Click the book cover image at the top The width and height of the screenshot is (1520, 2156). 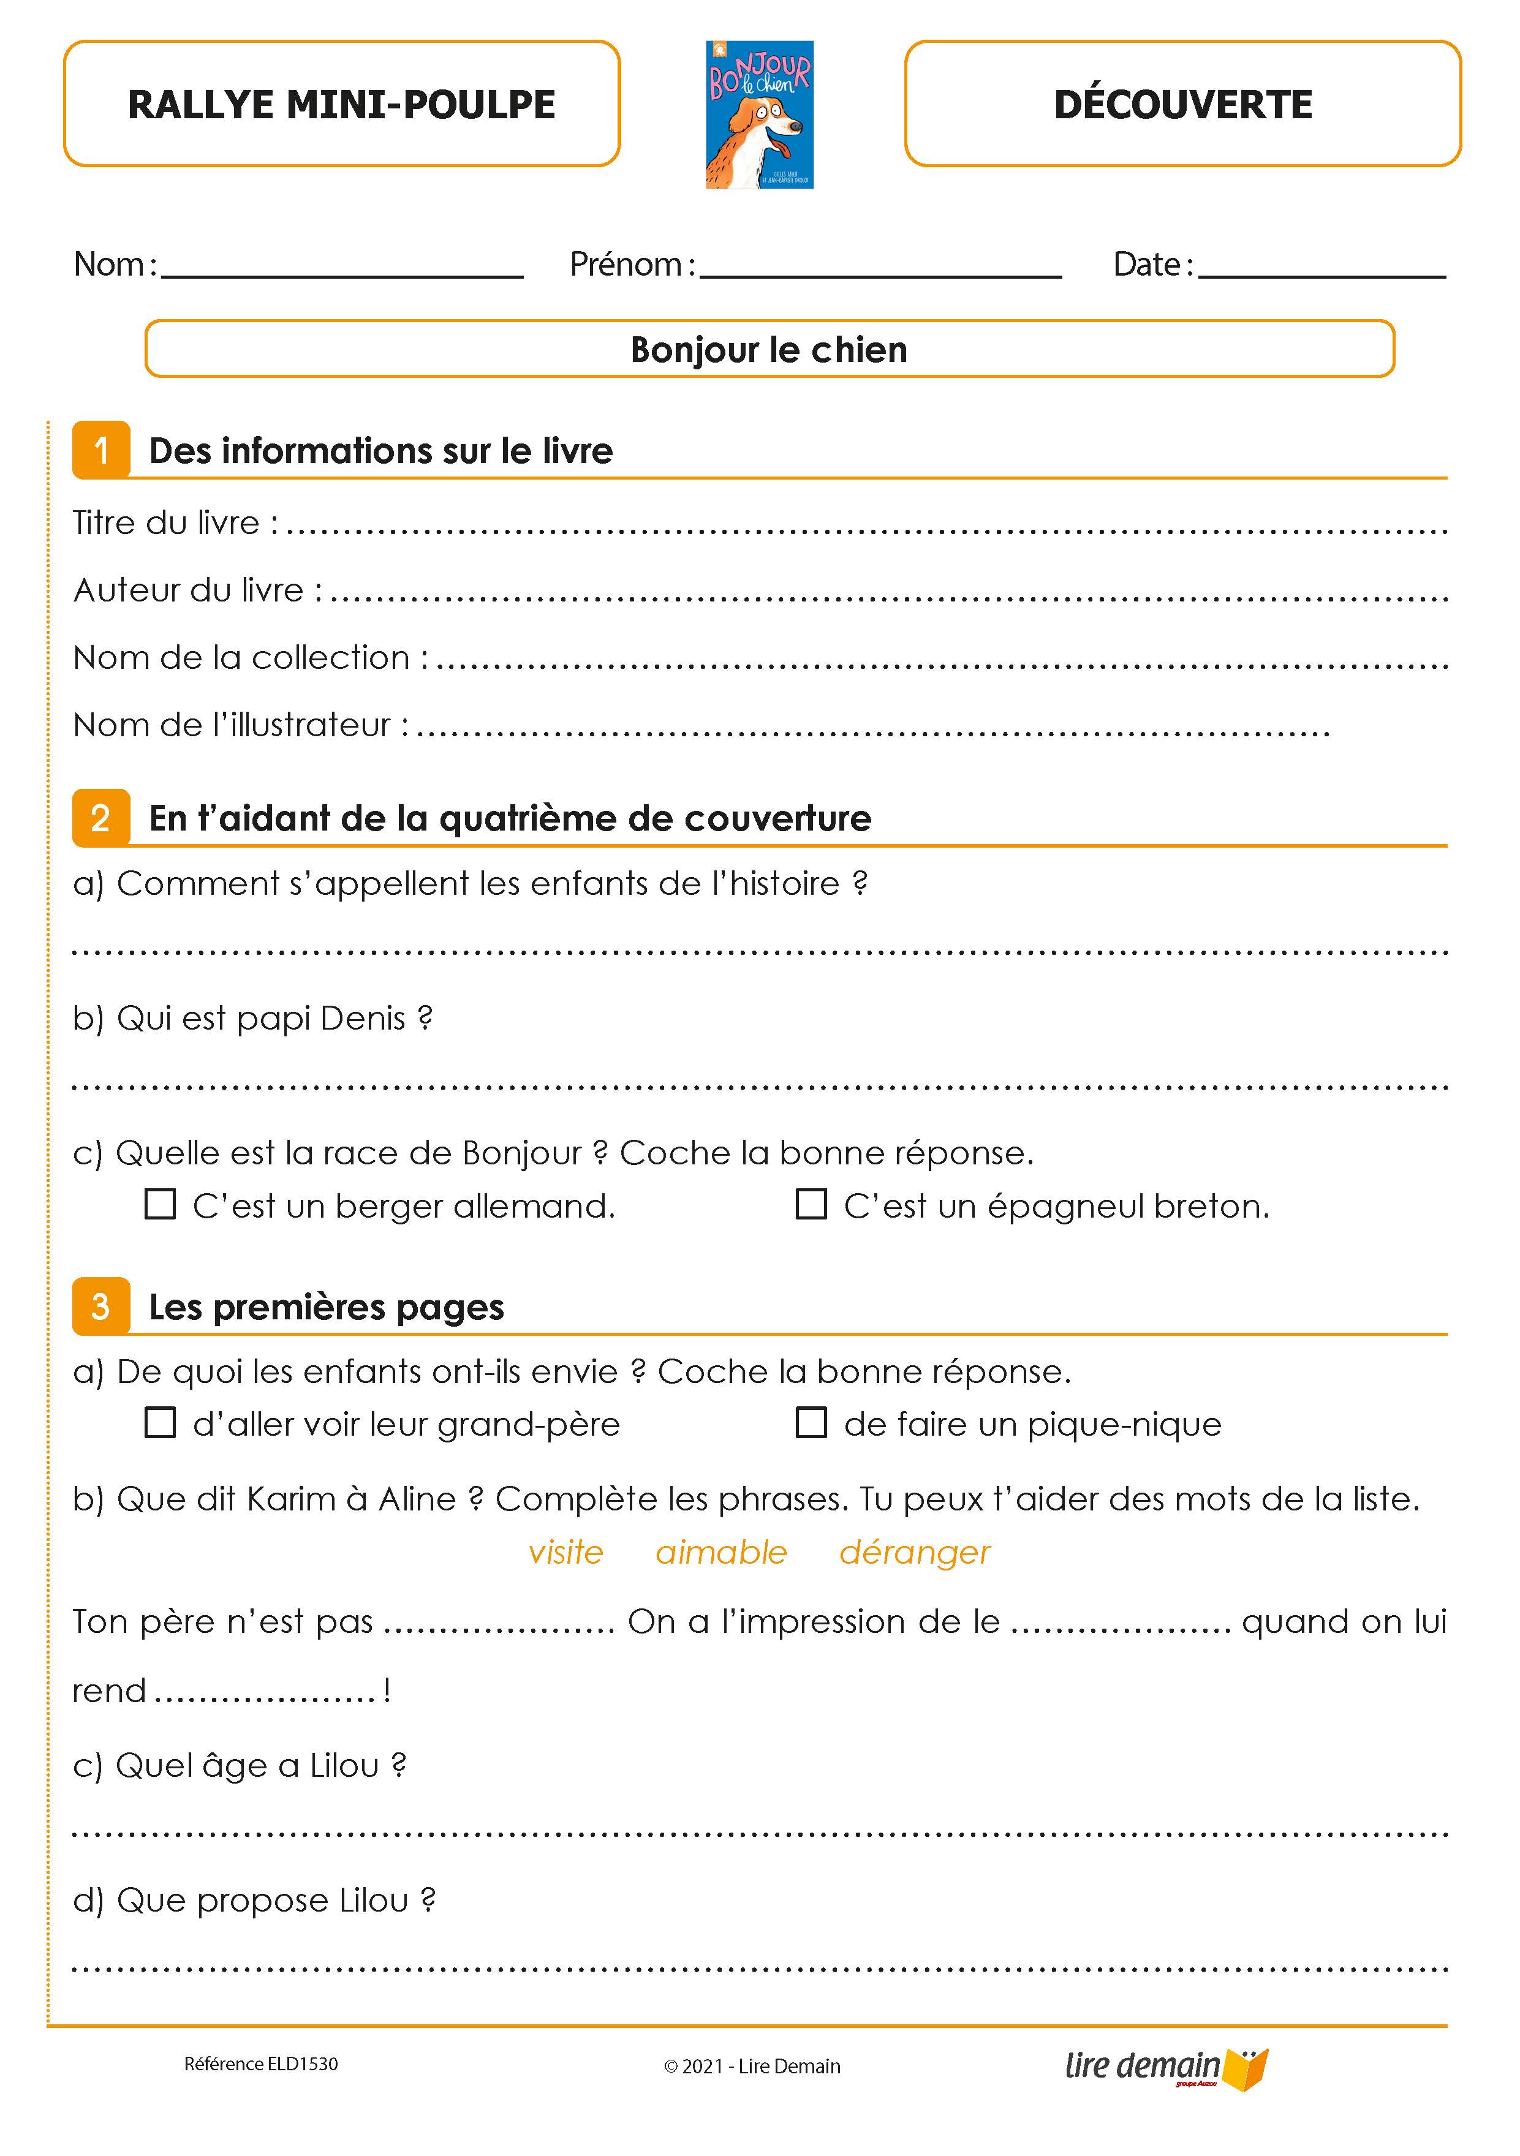pos(759,115)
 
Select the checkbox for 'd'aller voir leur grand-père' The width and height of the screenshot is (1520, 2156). pos(160,1423)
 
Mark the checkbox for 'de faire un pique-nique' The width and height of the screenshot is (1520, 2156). pos(811,1423)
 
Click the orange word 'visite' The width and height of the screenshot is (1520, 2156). pos(565,1552)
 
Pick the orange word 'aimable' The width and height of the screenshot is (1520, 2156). pos(720,1552)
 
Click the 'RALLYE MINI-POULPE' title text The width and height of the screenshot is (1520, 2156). pos(341,104)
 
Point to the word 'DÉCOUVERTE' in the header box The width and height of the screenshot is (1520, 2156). pos(1183,104)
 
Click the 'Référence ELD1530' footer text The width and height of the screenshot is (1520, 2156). pos(261,2064)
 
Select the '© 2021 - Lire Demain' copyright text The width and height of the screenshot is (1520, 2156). pos(752,2066)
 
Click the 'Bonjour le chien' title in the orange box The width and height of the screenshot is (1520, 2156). pos(768,349)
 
